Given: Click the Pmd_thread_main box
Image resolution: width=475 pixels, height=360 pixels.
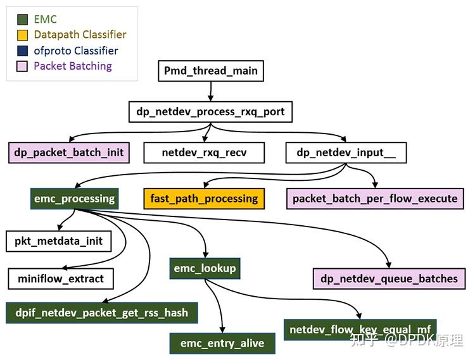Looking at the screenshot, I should pos(210,71).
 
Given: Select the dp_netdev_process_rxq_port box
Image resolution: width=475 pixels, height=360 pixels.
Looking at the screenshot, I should pos(210,112).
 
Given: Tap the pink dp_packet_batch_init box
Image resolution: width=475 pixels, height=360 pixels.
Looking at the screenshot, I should pos(69,152).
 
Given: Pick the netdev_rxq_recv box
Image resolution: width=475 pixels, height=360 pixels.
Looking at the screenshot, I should pos(204,152).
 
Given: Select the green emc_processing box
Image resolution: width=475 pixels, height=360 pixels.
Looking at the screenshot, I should pos(75,199).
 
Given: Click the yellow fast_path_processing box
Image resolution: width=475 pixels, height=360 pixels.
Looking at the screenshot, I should pos(204,199).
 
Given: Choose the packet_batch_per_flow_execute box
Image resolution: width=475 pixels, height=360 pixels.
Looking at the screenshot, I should pos(375,199).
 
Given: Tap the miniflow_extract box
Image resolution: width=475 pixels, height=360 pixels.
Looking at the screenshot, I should pos(61,278).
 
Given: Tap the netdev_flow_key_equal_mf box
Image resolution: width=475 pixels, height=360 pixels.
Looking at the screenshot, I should pos(360,330).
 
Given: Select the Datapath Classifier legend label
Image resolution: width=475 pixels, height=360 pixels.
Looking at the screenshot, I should pos(80,35).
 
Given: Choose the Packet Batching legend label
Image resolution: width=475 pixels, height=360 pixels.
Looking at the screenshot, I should pos(72,66).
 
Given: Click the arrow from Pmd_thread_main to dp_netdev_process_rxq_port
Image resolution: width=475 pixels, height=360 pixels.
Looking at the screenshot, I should pos(210,92).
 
